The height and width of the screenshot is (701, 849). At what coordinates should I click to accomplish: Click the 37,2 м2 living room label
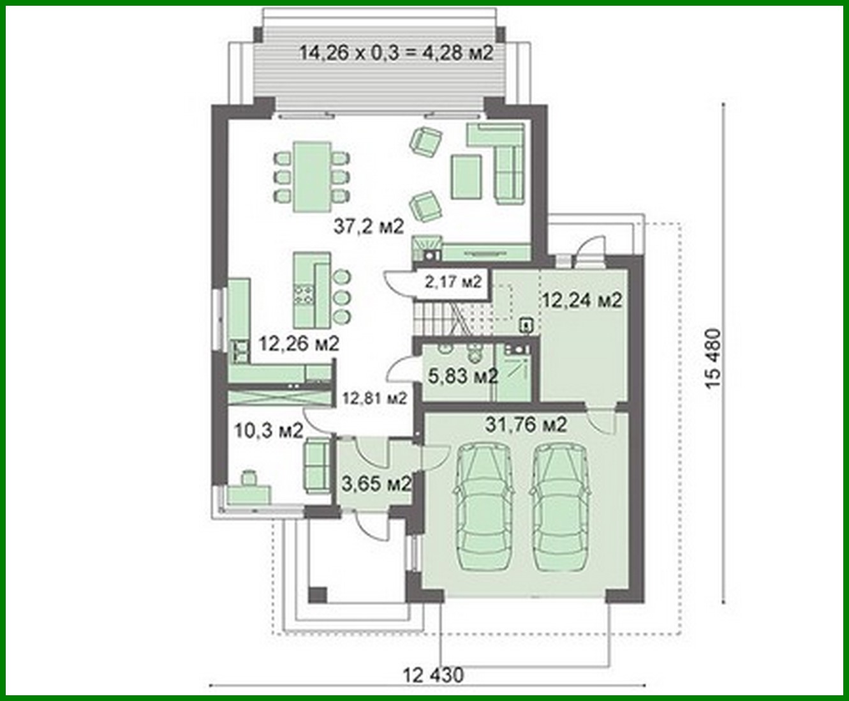point(369,226)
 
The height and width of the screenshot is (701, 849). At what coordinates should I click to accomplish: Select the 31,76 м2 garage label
point(526,425)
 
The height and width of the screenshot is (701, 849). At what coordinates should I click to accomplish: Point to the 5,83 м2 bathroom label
point(462,376)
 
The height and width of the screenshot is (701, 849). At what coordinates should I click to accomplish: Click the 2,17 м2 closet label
point(452,280)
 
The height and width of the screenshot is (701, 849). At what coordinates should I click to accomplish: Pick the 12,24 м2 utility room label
point(581,300)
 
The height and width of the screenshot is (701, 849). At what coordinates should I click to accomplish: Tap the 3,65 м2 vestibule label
point(376,483)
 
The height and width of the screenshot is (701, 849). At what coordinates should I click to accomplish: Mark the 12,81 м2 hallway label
point(374,399)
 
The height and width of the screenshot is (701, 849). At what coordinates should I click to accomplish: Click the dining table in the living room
point(312,176)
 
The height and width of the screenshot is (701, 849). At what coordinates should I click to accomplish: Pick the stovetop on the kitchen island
point(304,293)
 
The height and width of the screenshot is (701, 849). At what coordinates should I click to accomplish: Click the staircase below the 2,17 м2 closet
point(447,317)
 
